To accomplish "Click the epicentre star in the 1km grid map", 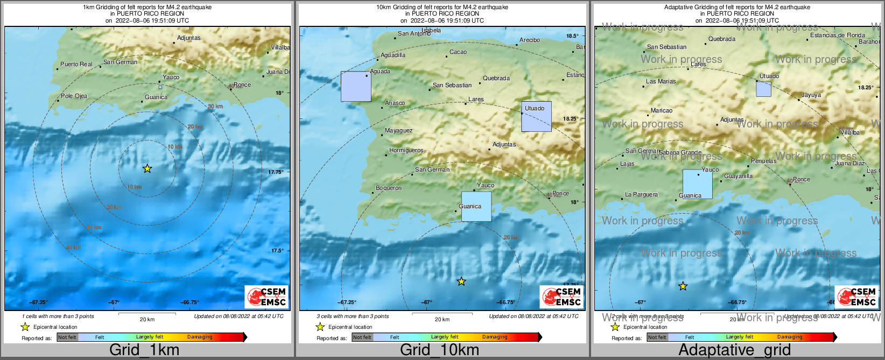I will pyautogui.click(x=147, y=169).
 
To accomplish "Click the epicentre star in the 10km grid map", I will pyautogui.click(x=461, y=281).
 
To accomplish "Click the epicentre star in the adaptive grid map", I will pyautogui.click(x=683, y=286).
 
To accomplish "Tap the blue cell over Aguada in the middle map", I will pyautogui.click(x=356, y=87).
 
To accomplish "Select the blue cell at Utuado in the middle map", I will pyautogui.click(x=536, y=117).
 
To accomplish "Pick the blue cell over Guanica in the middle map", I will pyautogui.click(x=476, y=207).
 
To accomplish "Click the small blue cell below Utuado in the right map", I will pyautogui.click(x=763, y=89).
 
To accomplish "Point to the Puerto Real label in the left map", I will pyautogui.click(x=76, y=64).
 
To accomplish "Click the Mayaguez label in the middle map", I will pyautogui.click(x=399, y=131).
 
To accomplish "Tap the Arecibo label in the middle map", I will pyautogui.click(x=530, y=40).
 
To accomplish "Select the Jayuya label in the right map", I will pyautogui.click(x=811, y=95).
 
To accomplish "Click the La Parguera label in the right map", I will pyautogui.click(x=641, y=195).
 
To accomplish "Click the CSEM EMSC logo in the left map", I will pyautogui.click(x=267, y=297).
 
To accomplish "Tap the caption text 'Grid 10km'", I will pyautogui.click(x=439, y=350).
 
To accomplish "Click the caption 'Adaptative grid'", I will pyautogui.click(x=734, y=350).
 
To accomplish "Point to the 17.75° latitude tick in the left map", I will pyautogui.click(x=276, y=172).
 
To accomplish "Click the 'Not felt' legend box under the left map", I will pyautogui.click(x=67, y=337).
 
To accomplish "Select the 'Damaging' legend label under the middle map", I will pyautogui.click(x=495, y=337).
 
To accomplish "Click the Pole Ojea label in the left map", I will pyautogui.click(x=74, y=96).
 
